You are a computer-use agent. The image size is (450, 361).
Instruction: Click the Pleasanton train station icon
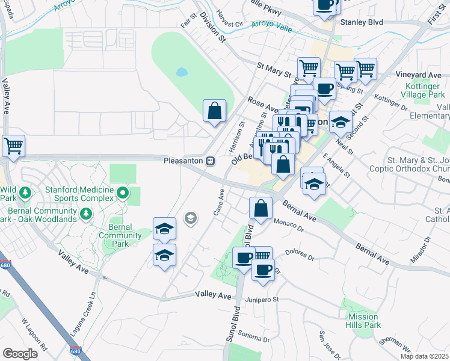[210, 161]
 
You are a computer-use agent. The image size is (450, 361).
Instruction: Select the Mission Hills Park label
[363, 321]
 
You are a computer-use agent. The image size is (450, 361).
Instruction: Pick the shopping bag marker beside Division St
[215, 111]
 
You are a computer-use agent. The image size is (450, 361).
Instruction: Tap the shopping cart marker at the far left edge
[13, 146]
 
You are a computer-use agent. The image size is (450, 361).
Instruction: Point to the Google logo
[20, 353]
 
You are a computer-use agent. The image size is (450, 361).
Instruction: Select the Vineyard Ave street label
[418, 75]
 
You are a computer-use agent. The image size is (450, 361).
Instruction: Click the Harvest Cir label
[229, 25]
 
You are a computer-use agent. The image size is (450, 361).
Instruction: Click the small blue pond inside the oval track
[181, 73]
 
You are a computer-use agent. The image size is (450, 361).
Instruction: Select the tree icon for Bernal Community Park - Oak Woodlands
[85, 213]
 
